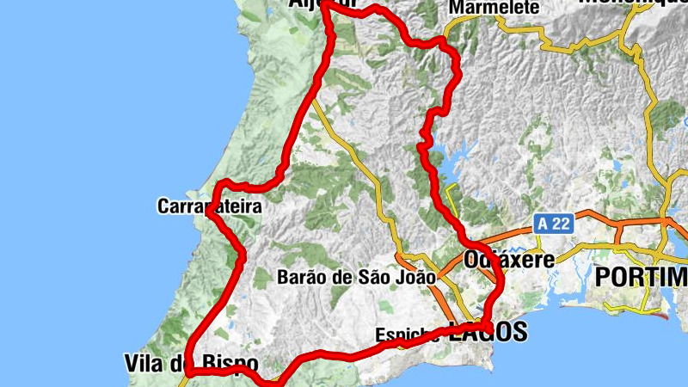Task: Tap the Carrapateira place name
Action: click(x=209, y=206)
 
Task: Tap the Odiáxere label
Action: click(x=507, y=259)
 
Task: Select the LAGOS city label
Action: click(x=487, y=333)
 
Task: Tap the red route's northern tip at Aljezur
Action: click(x=326, y=4)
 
